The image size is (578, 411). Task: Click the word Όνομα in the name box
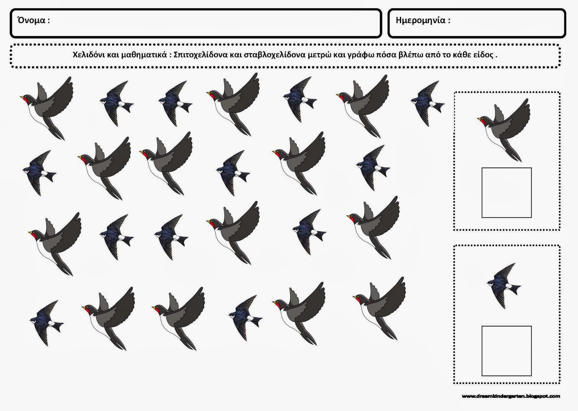(31, 20)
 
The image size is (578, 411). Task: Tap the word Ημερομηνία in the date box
(420, 21)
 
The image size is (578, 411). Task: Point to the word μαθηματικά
(144, 55)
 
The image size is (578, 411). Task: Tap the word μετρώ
(319, 55)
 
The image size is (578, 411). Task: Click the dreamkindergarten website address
(511, 396)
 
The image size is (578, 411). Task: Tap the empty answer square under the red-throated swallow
(506, 193)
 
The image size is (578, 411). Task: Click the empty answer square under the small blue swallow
(506, 351)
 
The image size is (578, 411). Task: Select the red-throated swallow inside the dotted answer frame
(504, 130)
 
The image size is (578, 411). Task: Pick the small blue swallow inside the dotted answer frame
(504, 286)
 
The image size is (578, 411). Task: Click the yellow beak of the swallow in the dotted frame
(479, 119)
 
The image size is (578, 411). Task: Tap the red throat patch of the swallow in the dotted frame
(482, 122)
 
